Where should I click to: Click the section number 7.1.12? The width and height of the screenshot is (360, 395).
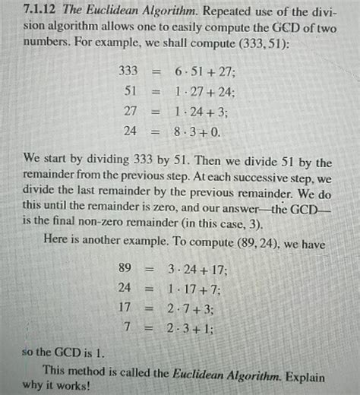pyautogui.click(x=39, y=14)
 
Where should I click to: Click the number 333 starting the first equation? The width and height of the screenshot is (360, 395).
pyautogui.click(x=128, y=71)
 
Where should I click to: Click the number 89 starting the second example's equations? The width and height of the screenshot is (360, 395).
pyautogui.click(x=127, y=269)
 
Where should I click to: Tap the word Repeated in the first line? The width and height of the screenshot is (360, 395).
pyautogui.click(x=228, y=14)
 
